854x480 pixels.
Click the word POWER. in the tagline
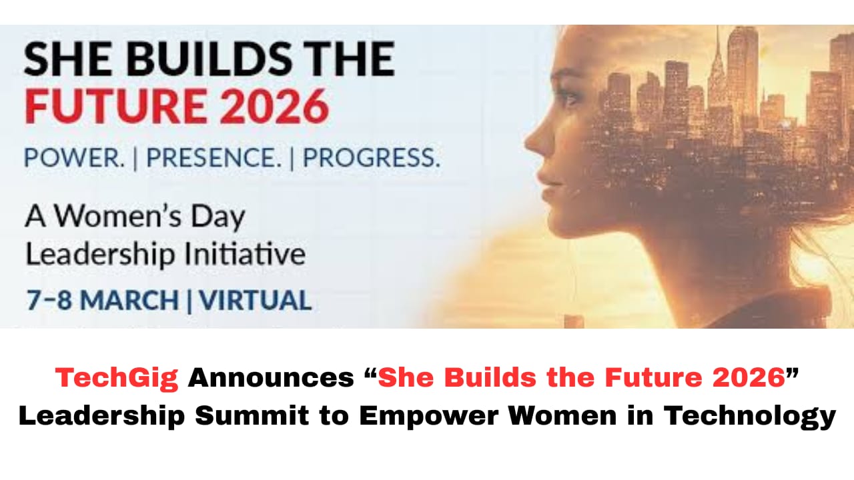click(74, 157)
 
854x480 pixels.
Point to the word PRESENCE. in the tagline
click(213, 157)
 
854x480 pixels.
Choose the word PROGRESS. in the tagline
click(372, 157)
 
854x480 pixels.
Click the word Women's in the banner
click(117, 216)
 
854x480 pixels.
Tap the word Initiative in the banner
click(245, 253)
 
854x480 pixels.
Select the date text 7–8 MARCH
click(102, 300)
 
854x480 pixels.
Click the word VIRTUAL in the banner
click(256, 300)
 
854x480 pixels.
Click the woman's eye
click(570, 100)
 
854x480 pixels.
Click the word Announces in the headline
click(271, 378)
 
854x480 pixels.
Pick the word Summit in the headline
click(252, 415)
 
